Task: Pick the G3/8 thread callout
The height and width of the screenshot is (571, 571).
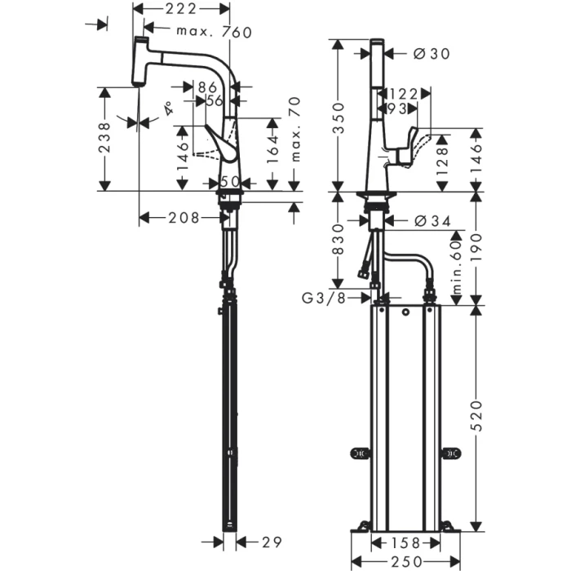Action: tap(323, 299)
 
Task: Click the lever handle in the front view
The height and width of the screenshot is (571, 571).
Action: tap(406, 147)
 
